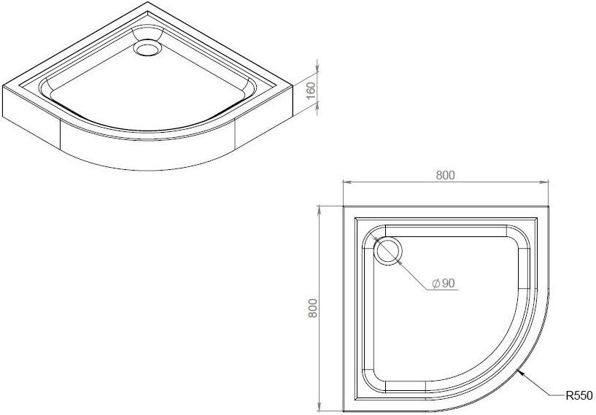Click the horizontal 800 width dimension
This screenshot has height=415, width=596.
point(446,175)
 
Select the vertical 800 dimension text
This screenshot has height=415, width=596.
point(312,310)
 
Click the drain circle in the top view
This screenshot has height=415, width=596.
point(387,251)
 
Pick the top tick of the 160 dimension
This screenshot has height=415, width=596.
point(319,60)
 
